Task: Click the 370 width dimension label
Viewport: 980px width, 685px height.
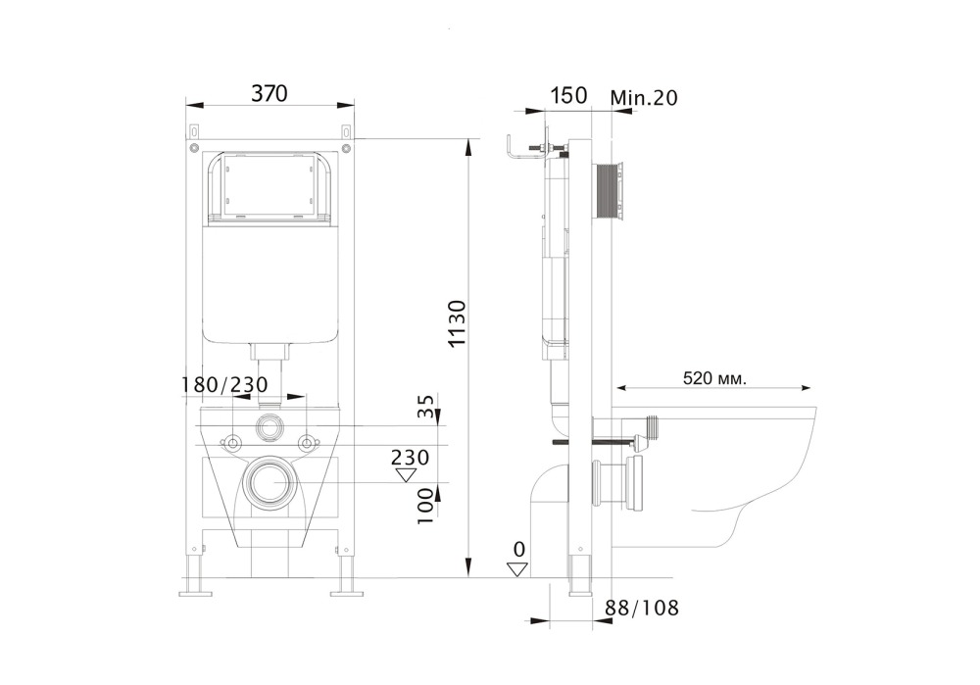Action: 269,94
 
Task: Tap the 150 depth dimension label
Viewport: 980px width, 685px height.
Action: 568,95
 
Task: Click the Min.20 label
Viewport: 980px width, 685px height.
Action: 643,97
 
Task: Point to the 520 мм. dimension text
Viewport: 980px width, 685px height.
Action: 714,378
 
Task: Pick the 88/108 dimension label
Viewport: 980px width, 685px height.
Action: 642,608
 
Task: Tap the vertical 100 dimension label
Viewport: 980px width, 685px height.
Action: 426,508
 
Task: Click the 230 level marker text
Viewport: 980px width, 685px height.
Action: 410,457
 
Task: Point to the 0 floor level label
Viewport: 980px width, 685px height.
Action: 518,549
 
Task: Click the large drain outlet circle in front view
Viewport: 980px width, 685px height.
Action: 269,483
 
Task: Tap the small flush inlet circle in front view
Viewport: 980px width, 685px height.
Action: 269,426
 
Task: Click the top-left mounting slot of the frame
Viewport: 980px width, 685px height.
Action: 195,131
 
